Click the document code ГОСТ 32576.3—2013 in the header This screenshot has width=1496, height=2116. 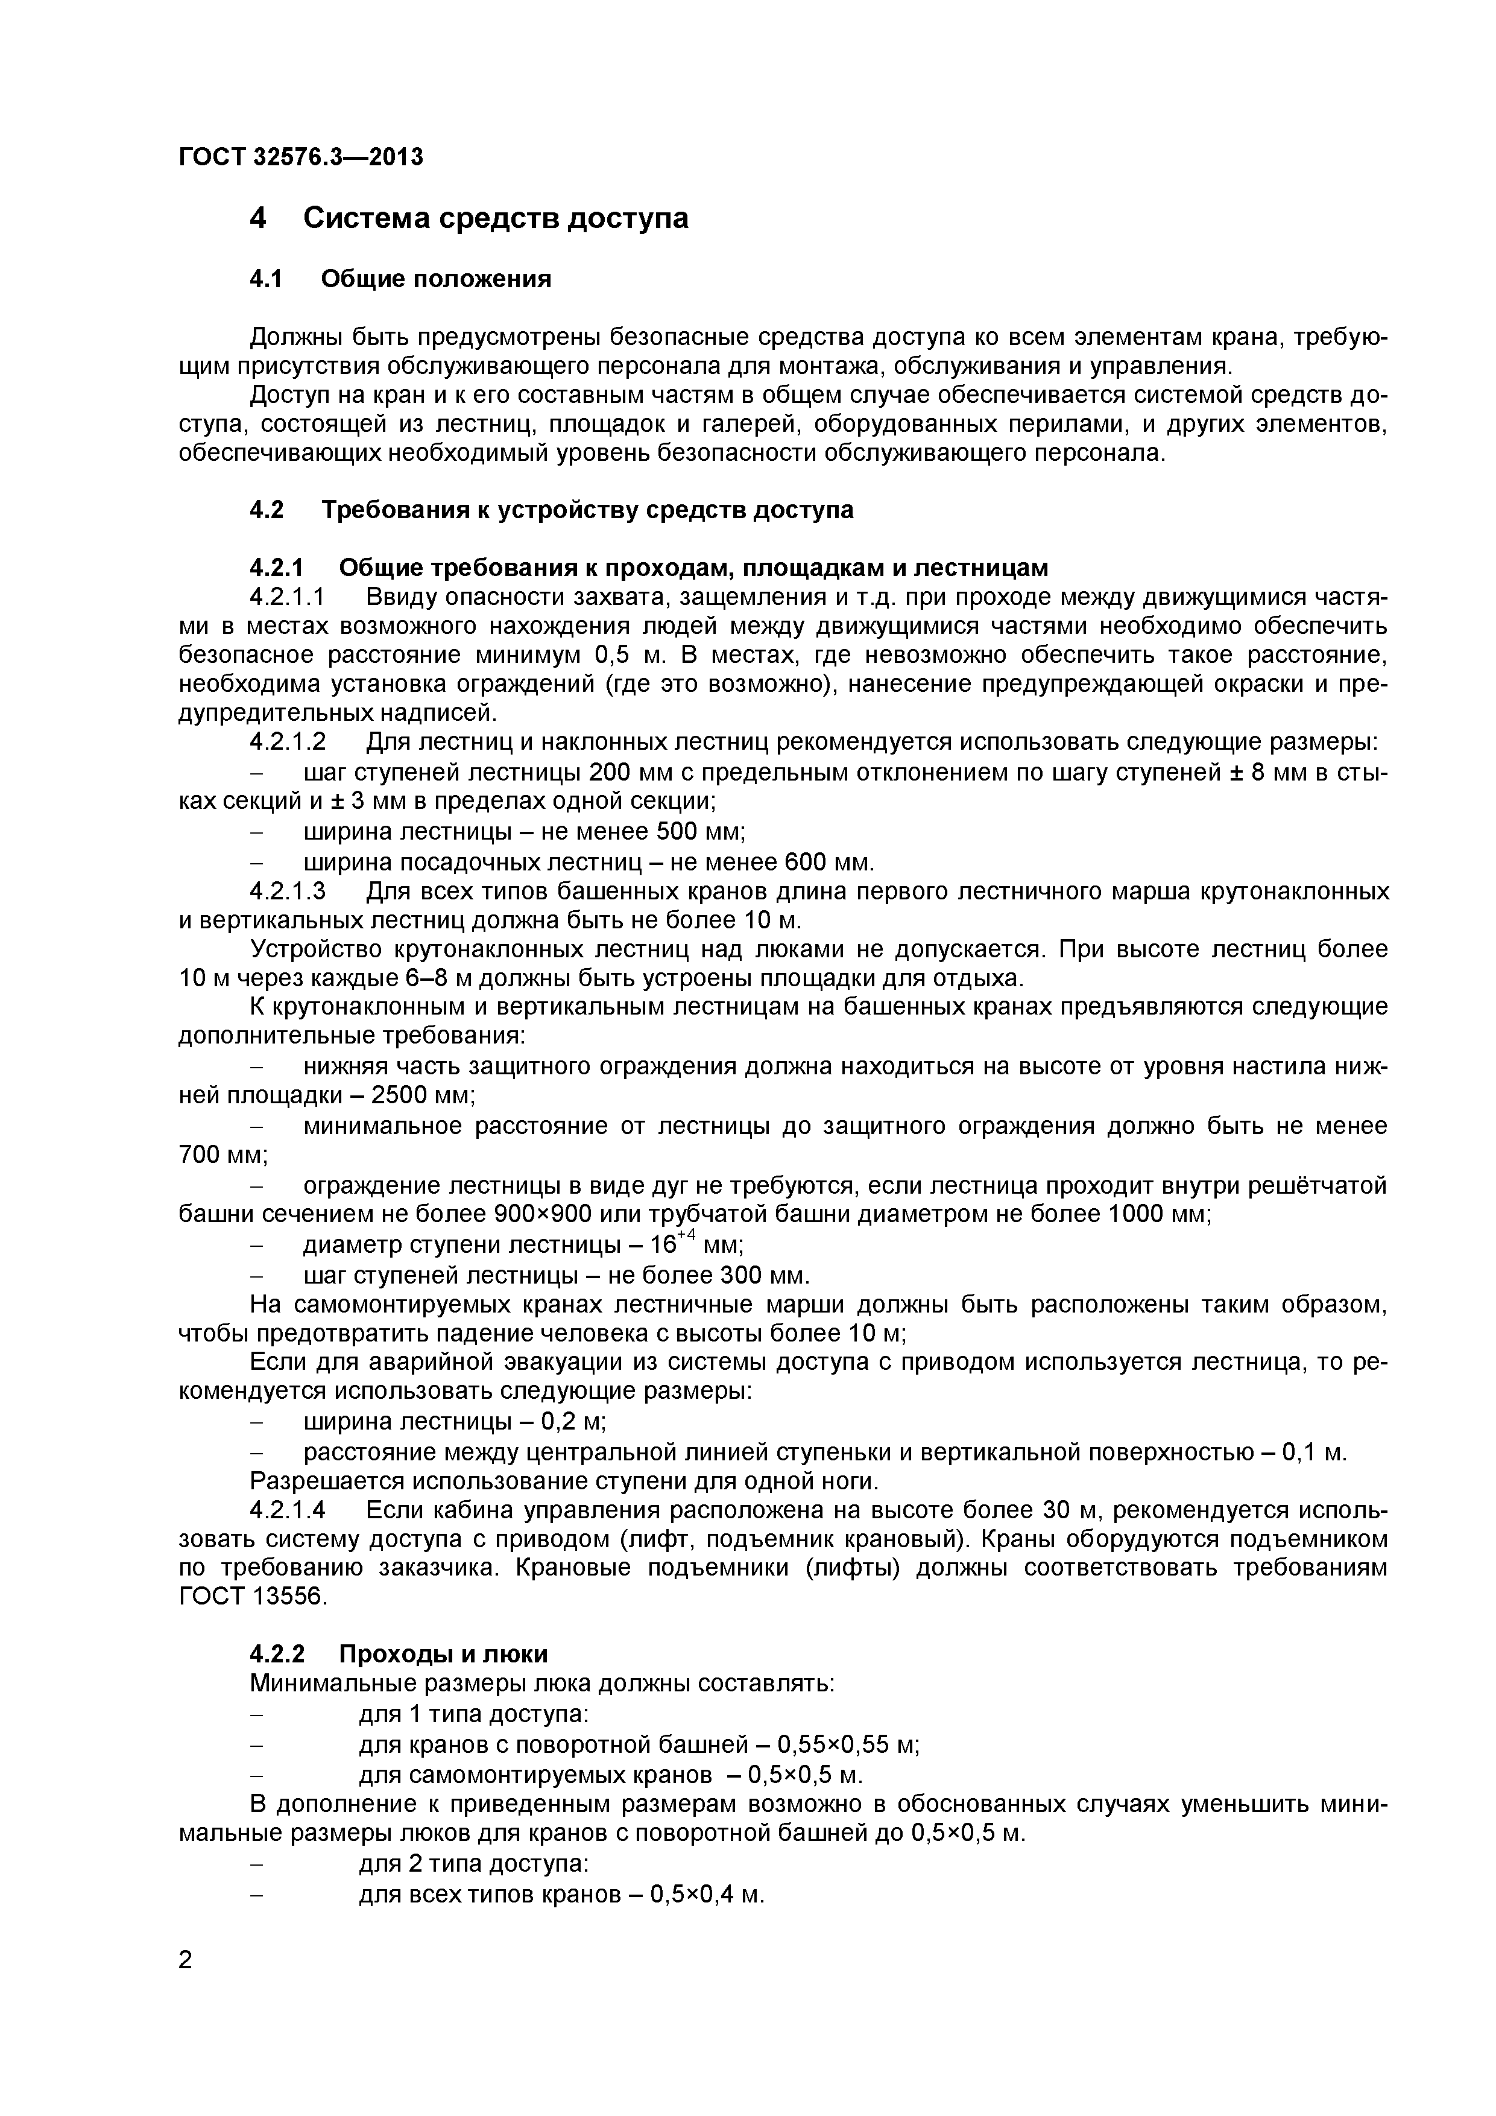pyautogui.click(x=300, y=157)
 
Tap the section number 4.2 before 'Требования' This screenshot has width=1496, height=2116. pyautogui.click(x=267, y=510)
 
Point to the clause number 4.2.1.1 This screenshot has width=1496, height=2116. pyautogui.click(x=288, y=597)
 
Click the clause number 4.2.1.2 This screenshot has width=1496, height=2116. pyautogui.click(x=288, y=742)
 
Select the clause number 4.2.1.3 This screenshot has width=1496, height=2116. pyautogui.click(x=288, y=892)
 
